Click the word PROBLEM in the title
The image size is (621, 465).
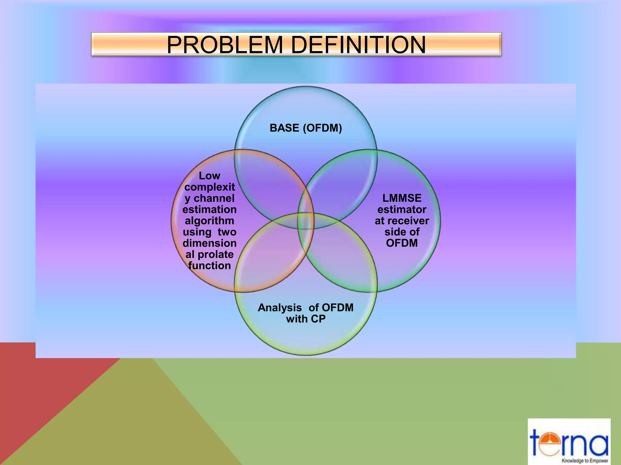point(225,45)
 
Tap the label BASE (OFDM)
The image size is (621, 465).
point(306,128)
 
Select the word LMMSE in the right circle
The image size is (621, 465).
point(402,198)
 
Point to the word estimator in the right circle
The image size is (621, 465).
point(402,209)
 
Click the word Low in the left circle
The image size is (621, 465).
point(209,176)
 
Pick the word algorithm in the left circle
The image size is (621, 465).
point(210,221)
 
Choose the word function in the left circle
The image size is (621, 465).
point(210,265)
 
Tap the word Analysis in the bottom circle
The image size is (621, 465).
point(280,308)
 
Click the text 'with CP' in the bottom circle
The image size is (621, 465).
point(306,319)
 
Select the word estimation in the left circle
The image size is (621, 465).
point(210,209)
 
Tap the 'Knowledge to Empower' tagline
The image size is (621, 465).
point(585,461)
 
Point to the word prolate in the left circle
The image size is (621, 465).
point(215,254)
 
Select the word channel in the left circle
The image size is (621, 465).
point(214,198)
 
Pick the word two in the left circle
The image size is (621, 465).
point(227,232)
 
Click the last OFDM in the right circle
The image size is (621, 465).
point(402,243)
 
